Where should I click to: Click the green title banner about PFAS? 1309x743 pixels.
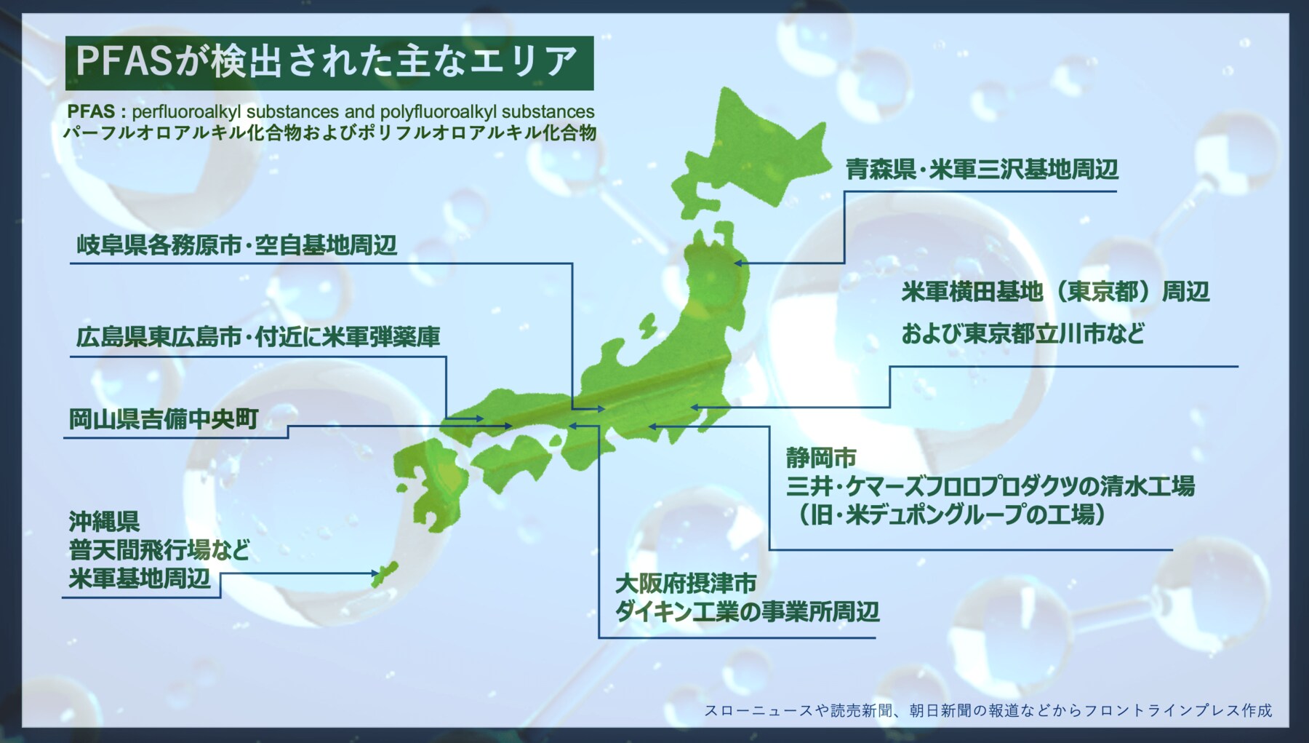tap(329, 63)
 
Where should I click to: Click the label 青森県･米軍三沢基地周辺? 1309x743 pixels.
tap(981, 170)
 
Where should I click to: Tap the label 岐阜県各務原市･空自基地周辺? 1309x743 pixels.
tap(236, 245)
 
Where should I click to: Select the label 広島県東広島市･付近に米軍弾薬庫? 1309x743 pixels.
tap(257, 337)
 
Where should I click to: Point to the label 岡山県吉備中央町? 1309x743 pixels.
tap(164, 419)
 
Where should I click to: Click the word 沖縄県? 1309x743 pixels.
tap(104, 521)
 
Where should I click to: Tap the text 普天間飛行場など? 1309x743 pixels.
tap(159, 549)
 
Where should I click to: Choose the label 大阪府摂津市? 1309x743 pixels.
tap(685, 583)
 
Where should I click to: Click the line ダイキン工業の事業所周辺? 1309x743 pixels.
tap(747, 611)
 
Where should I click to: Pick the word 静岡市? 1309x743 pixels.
tap(820, 458)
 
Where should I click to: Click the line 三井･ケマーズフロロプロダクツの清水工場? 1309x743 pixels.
tap(990, 486)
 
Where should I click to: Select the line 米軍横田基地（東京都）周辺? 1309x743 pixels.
tap(1054, 292)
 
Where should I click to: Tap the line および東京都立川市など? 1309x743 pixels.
tap(1022, 334)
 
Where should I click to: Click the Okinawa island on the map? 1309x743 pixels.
tap(383, 574)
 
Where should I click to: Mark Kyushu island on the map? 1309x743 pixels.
tap(429, 484)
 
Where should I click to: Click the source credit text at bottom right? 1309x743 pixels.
tap(988, 710)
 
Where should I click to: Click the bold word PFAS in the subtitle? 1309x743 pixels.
tap(91, 112)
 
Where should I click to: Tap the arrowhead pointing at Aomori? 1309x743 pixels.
tap(737, 263)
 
